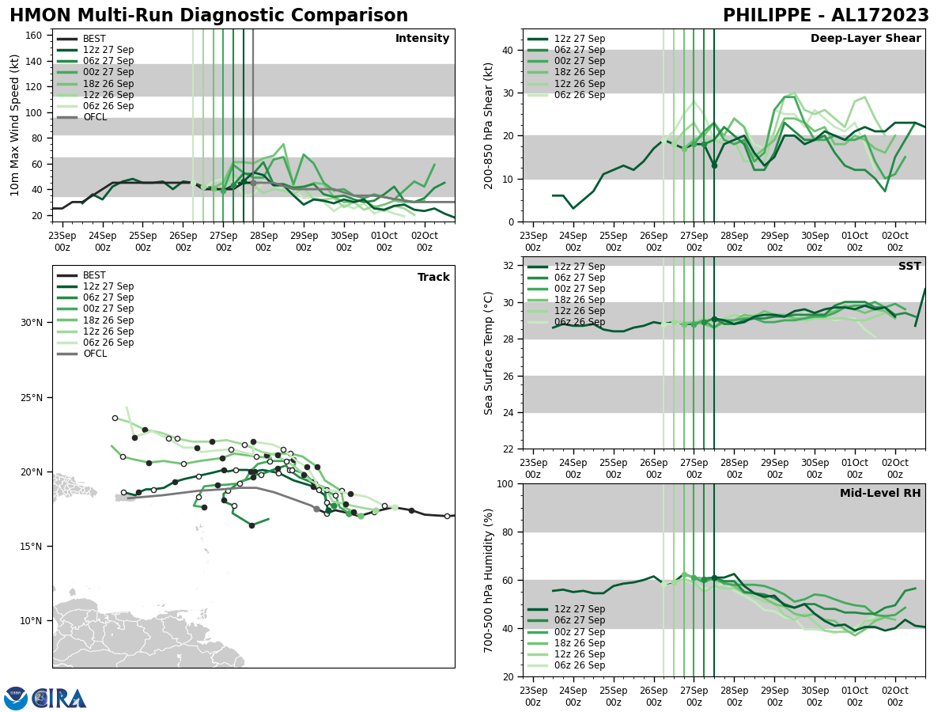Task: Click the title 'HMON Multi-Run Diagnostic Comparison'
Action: click(x=209, y=16)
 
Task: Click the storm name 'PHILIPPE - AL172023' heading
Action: click(x=826, y=16)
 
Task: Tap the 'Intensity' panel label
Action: click(x=422, y=39)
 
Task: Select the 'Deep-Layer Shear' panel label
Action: click(x=865, y=39)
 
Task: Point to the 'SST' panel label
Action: click(x=909, y=267)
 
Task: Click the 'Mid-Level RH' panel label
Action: click(x=880, y=494)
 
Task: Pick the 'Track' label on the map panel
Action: click(x=433, y=278)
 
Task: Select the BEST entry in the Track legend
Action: click(x=94, y=275)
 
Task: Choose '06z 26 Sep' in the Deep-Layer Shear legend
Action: click(x=579, y=95)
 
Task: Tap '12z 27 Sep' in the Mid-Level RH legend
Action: click(x=579, y=609)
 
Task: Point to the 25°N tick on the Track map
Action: click(x=32, y=398)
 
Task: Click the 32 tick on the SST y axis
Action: click(x=509, y=266)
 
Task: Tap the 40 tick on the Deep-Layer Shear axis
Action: click(x=509, y=51)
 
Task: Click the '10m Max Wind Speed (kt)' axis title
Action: click(x=13, y=125)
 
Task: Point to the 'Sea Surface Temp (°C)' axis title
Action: click(x=489, y=353)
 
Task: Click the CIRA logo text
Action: click(x=59, y=698)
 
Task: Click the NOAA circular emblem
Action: click(x=15, y=698)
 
